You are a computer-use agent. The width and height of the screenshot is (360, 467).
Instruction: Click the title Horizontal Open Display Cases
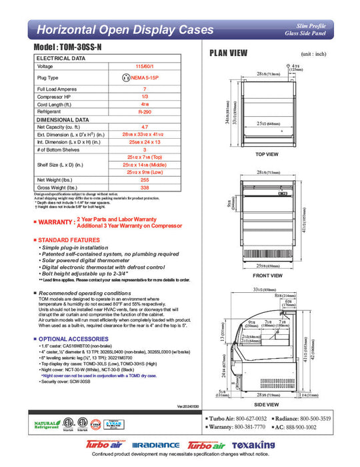125,30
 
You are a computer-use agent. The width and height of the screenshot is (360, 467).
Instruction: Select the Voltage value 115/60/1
145,67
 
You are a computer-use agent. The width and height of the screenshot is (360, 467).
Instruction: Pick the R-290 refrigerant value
145,113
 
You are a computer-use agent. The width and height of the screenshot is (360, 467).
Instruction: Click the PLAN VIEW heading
229,53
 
